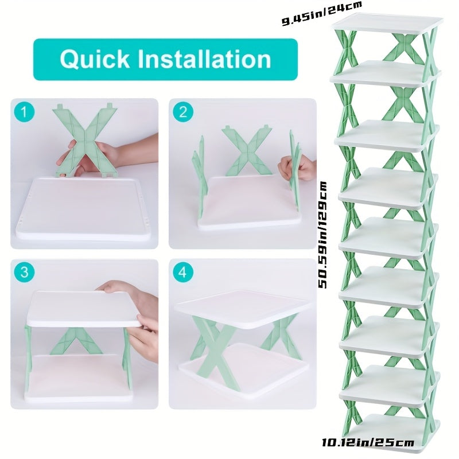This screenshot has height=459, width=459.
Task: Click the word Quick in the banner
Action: coord(95,60)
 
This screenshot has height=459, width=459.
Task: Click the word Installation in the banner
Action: coord(204,59)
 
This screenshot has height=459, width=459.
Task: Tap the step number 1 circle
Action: coord(24,112)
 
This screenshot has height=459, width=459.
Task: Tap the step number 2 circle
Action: coord(183,112)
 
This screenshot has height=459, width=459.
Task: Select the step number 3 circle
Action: coord(24,272)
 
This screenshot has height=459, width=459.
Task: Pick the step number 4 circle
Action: coord(183,272)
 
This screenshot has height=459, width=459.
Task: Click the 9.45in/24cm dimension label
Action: coord(322,13)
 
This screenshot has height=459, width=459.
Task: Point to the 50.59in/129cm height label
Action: coord(322,235)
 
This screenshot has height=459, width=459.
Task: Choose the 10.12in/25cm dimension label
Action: coord(368,442)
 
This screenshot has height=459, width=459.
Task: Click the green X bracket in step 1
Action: coord(85,141)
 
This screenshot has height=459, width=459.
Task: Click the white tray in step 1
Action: coord(83,209)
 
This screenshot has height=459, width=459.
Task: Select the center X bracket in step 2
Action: coord(247,151)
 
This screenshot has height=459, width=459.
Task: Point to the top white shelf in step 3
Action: coord(83,309)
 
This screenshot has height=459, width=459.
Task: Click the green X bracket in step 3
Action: coord(77,341)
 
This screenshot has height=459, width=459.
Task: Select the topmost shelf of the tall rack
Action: coord(387,23)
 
